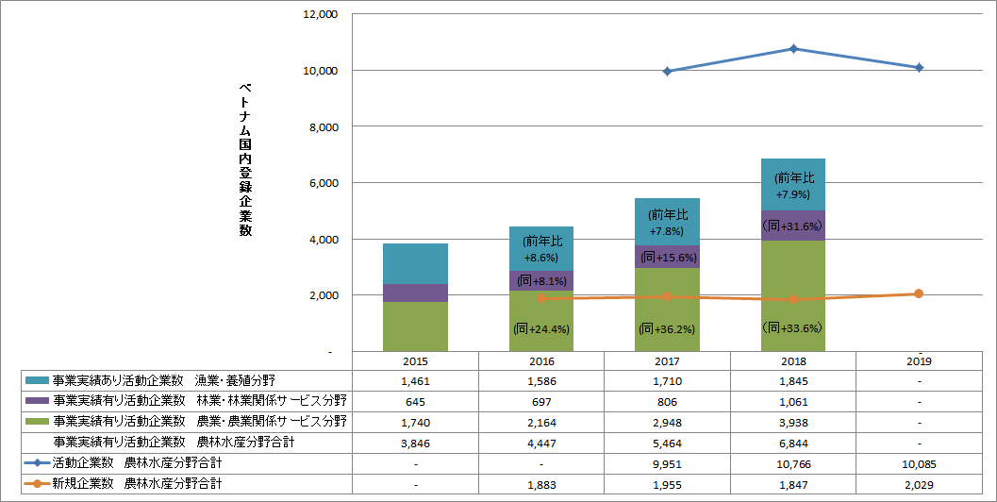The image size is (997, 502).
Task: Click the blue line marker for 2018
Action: point(793,49)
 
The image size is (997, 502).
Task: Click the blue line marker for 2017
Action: point(668,71)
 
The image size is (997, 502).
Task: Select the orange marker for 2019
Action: point(919,293)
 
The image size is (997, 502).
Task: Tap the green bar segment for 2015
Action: point(415,326)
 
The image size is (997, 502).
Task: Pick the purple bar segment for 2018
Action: point(793,226)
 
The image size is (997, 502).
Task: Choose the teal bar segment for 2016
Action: point(541,248)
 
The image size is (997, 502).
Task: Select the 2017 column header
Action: point(667,360)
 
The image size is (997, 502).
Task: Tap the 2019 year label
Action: point(919,360)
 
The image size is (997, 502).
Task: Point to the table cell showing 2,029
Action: point(919,483)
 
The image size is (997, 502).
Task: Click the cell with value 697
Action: point(541,401)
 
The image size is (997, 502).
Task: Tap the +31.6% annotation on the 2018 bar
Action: point(793,226)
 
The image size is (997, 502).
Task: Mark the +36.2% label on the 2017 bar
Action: point(667,329)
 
